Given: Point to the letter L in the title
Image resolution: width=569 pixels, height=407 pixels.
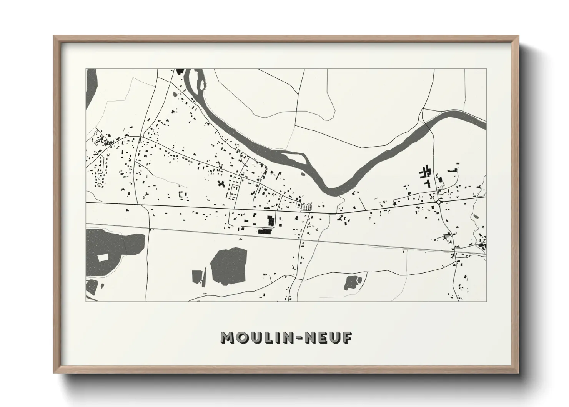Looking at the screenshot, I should point(261,338).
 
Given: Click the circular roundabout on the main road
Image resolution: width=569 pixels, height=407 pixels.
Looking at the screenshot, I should point(438,202).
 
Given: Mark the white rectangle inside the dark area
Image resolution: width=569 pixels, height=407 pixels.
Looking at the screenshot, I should point(103,257).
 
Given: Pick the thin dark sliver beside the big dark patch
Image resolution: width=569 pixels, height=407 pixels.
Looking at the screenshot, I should point(204,276).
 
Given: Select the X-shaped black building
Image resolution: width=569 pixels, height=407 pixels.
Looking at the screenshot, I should point(221,184).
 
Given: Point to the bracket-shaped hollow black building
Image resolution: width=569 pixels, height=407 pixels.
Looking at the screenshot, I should point(233,191).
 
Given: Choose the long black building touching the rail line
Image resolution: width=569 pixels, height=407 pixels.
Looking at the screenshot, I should point(265,232).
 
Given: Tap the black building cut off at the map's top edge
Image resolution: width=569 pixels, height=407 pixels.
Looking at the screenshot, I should point(178,71).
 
